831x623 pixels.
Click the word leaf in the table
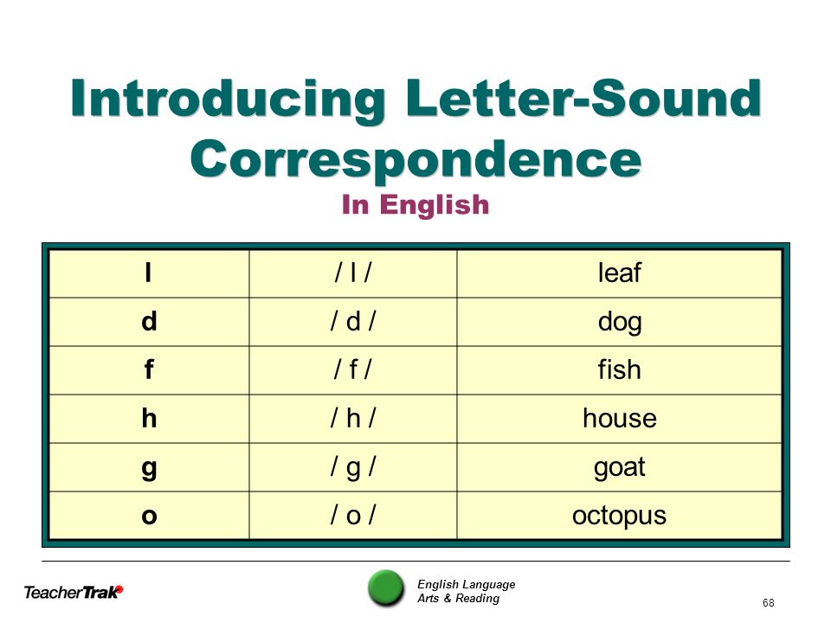pyautogui.click(x=619, y=273)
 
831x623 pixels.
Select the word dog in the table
pyautogui.click(x=620, y=322)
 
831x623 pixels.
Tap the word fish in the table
pyautogui.click(x=619, y=369)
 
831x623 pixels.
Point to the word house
pyautogui.click(x=620, y=418)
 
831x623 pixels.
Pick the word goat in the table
pyautogui.click(x=619, y=468)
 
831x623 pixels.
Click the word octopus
pyautogui.click(x=619, y=516)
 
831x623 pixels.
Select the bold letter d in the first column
pyautogui.click(x=149, y=321)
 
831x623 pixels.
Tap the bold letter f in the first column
pyautogui.click(x=149, y=369)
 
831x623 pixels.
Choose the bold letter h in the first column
pyautogui.click(x=149, y=418)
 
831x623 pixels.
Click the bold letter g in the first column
pyautogui.click(x=149, y=468)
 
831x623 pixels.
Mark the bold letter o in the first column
pyautogui.click(x=150, y=516)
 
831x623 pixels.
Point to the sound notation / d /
pyautogui.click(x=353, y=321)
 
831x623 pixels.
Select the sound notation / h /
pyautogui.click(x=353, y=418)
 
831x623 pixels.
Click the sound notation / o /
pyautogui.click(x=353, y=516)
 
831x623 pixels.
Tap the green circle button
pyautogui.click(x=386, y=588)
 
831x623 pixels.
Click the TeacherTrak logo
pyautogui.click(x=73, y=592)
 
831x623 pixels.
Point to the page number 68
pyautogui.click(x=768, y=603)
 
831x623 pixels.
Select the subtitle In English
pyautogui.click(x=415, y=204)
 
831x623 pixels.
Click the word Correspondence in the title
pyautogui.click(x=416, y=159)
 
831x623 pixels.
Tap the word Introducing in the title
pyautogui.click(x=228, y=100)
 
